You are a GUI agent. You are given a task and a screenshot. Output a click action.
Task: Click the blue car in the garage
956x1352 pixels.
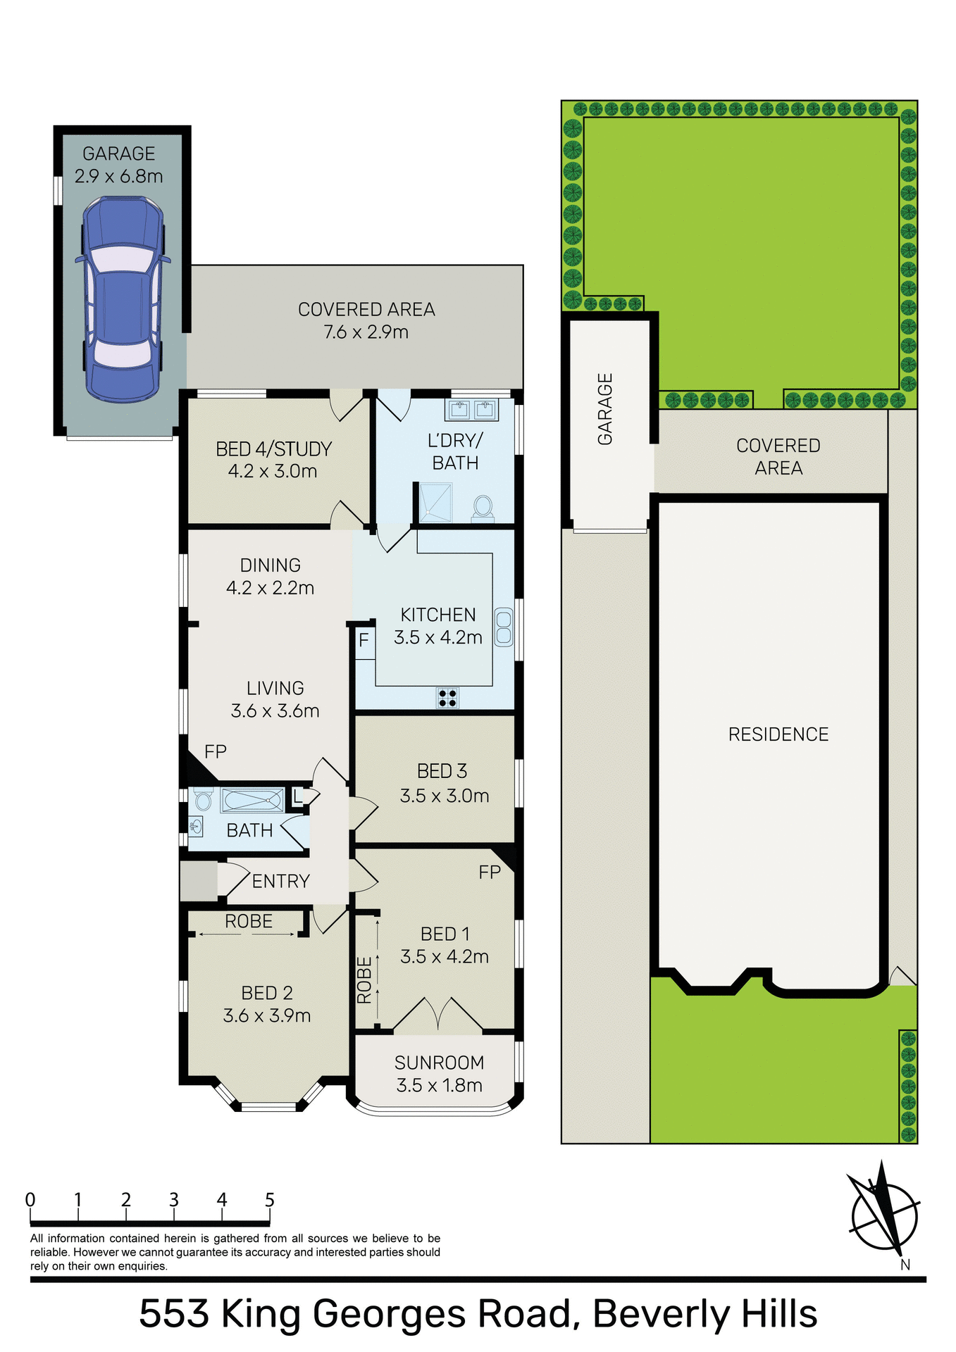click(123, 299)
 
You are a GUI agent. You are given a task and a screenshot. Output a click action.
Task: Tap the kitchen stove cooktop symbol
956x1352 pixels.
click(447, 698)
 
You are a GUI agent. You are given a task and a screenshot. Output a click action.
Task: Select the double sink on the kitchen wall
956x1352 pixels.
click(503, 627)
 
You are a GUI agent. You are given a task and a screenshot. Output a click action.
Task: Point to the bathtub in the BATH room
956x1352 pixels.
click(252, 801)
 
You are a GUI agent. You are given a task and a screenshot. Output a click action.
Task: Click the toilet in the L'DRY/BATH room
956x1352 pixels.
click(483, 507)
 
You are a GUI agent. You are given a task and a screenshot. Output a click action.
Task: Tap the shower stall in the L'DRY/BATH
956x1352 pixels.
click(435, 503)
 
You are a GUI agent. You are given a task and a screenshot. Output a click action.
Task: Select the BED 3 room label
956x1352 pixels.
click(442, 772)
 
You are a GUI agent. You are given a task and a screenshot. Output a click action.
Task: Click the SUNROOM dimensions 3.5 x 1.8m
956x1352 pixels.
click(439, 1085)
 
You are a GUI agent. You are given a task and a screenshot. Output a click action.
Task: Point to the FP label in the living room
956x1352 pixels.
click(216, 752)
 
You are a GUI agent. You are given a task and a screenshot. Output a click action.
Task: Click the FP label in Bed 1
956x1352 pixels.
click(490, 873)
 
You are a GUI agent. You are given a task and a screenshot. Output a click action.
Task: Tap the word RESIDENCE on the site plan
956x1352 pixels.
click(778, 734)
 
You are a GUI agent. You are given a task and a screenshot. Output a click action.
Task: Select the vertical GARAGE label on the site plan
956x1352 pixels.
click(605, 409)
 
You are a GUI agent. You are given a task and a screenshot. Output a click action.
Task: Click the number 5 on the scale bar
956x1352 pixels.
click(269, 1200)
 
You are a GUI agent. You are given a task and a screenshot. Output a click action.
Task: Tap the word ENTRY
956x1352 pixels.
click(280, 882)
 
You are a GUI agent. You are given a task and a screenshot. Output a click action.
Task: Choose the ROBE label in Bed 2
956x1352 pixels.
click(248, 922)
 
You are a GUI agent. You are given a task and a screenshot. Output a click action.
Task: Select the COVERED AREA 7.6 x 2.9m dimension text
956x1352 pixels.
click(366, 332)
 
